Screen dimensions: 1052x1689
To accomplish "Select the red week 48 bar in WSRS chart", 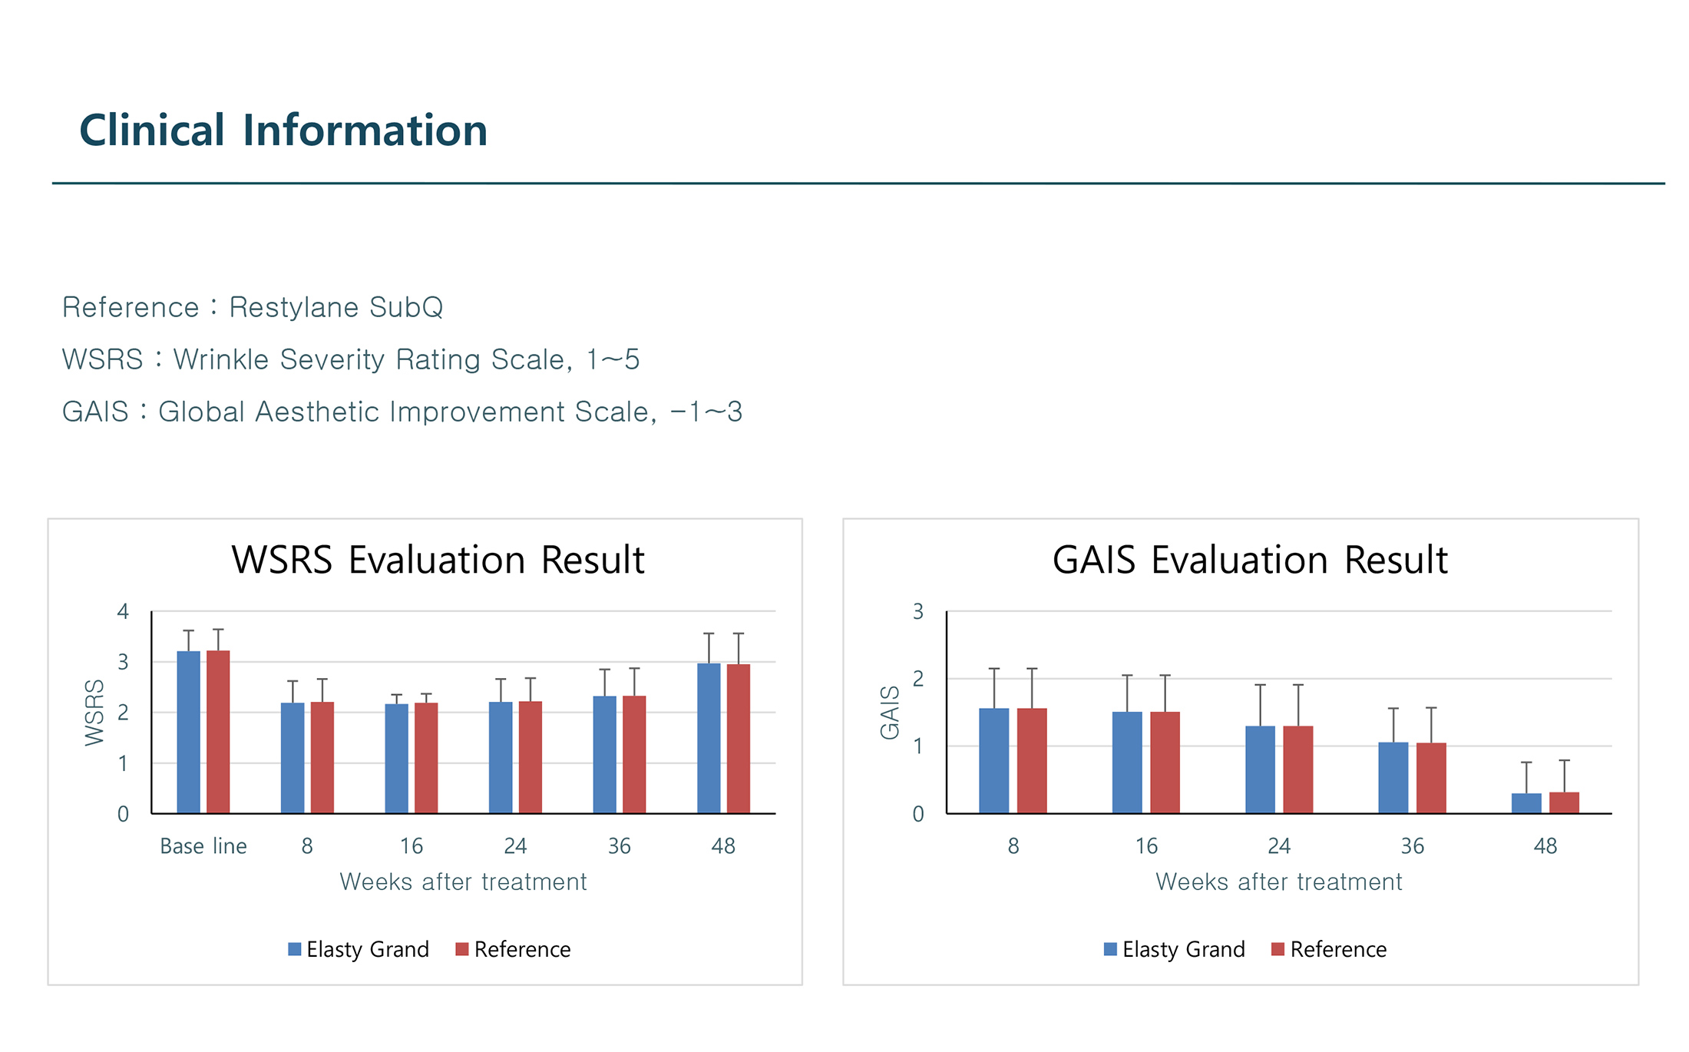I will [739, 738].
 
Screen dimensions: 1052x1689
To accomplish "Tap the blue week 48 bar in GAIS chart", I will [1526, 803].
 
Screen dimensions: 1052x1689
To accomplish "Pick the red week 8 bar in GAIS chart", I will [1032, 760].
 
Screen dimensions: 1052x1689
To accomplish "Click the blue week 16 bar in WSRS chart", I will [396, 758].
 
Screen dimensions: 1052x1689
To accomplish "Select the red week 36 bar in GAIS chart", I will [1431, 777].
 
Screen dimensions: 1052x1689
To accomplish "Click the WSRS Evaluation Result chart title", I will [438, 560].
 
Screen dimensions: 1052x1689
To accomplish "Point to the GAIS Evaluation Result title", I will [1250, 560].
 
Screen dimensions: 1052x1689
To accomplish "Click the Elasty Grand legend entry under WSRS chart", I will [359, 950].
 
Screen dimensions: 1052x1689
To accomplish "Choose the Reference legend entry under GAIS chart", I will [1329, 950].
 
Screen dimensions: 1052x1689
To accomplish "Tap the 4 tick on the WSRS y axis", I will [123, 612].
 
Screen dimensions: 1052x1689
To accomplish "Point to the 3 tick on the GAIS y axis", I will [917, 612].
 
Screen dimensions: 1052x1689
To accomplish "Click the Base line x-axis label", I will [203, 846].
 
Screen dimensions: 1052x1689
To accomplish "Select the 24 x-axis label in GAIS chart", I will [1279, 846].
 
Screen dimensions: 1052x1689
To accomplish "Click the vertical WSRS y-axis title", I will [94, 712].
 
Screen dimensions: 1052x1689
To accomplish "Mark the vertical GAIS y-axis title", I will [889, 712].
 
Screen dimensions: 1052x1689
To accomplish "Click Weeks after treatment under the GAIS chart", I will [1279, 882].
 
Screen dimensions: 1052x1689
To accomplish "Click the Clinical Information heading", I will [283, 130].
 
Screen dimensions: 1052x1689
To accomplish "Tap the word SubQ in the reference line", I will [406, 307].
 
